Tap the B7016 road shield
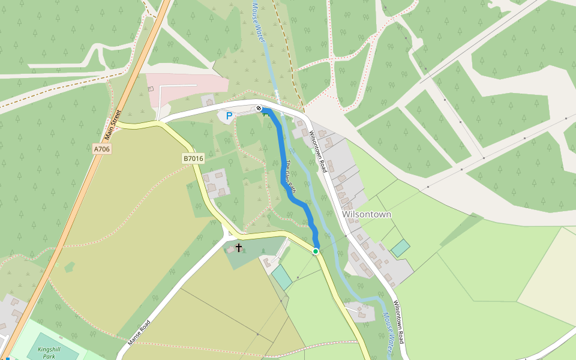point(193,158)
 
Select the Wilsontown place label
point(366,214)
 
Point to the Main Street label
point(116,122)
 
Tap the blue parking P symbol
point(229,115)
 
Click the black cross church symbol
point(239,247)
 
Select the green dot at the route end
point(316,251)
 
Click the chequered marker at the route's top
point(259,109)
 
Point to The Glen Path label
point(290,177)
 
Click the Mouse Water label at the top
point(259,21)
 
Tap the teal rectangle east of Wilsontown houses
point(400,248)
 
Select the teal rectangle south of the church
point(281,277)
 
